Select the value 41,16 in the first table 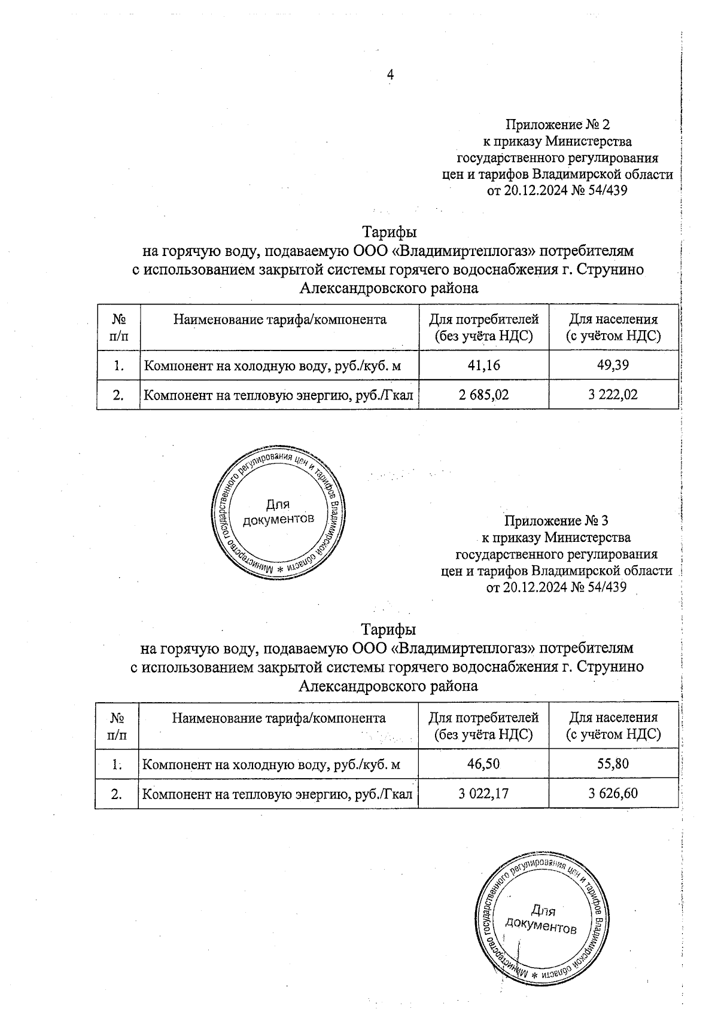coord(483,365)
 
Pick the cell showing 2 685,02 coord(483,395)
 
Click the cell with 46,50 coord(483,764)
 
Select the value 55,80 coord(613,764)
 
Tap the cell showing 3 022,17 coord(483,794)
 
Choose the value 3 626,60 coord(613,794)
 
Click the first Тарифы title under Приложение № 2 coord(389,231)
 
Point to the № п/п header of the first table coord(118,327)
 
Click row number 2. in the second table coord(117,794)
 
